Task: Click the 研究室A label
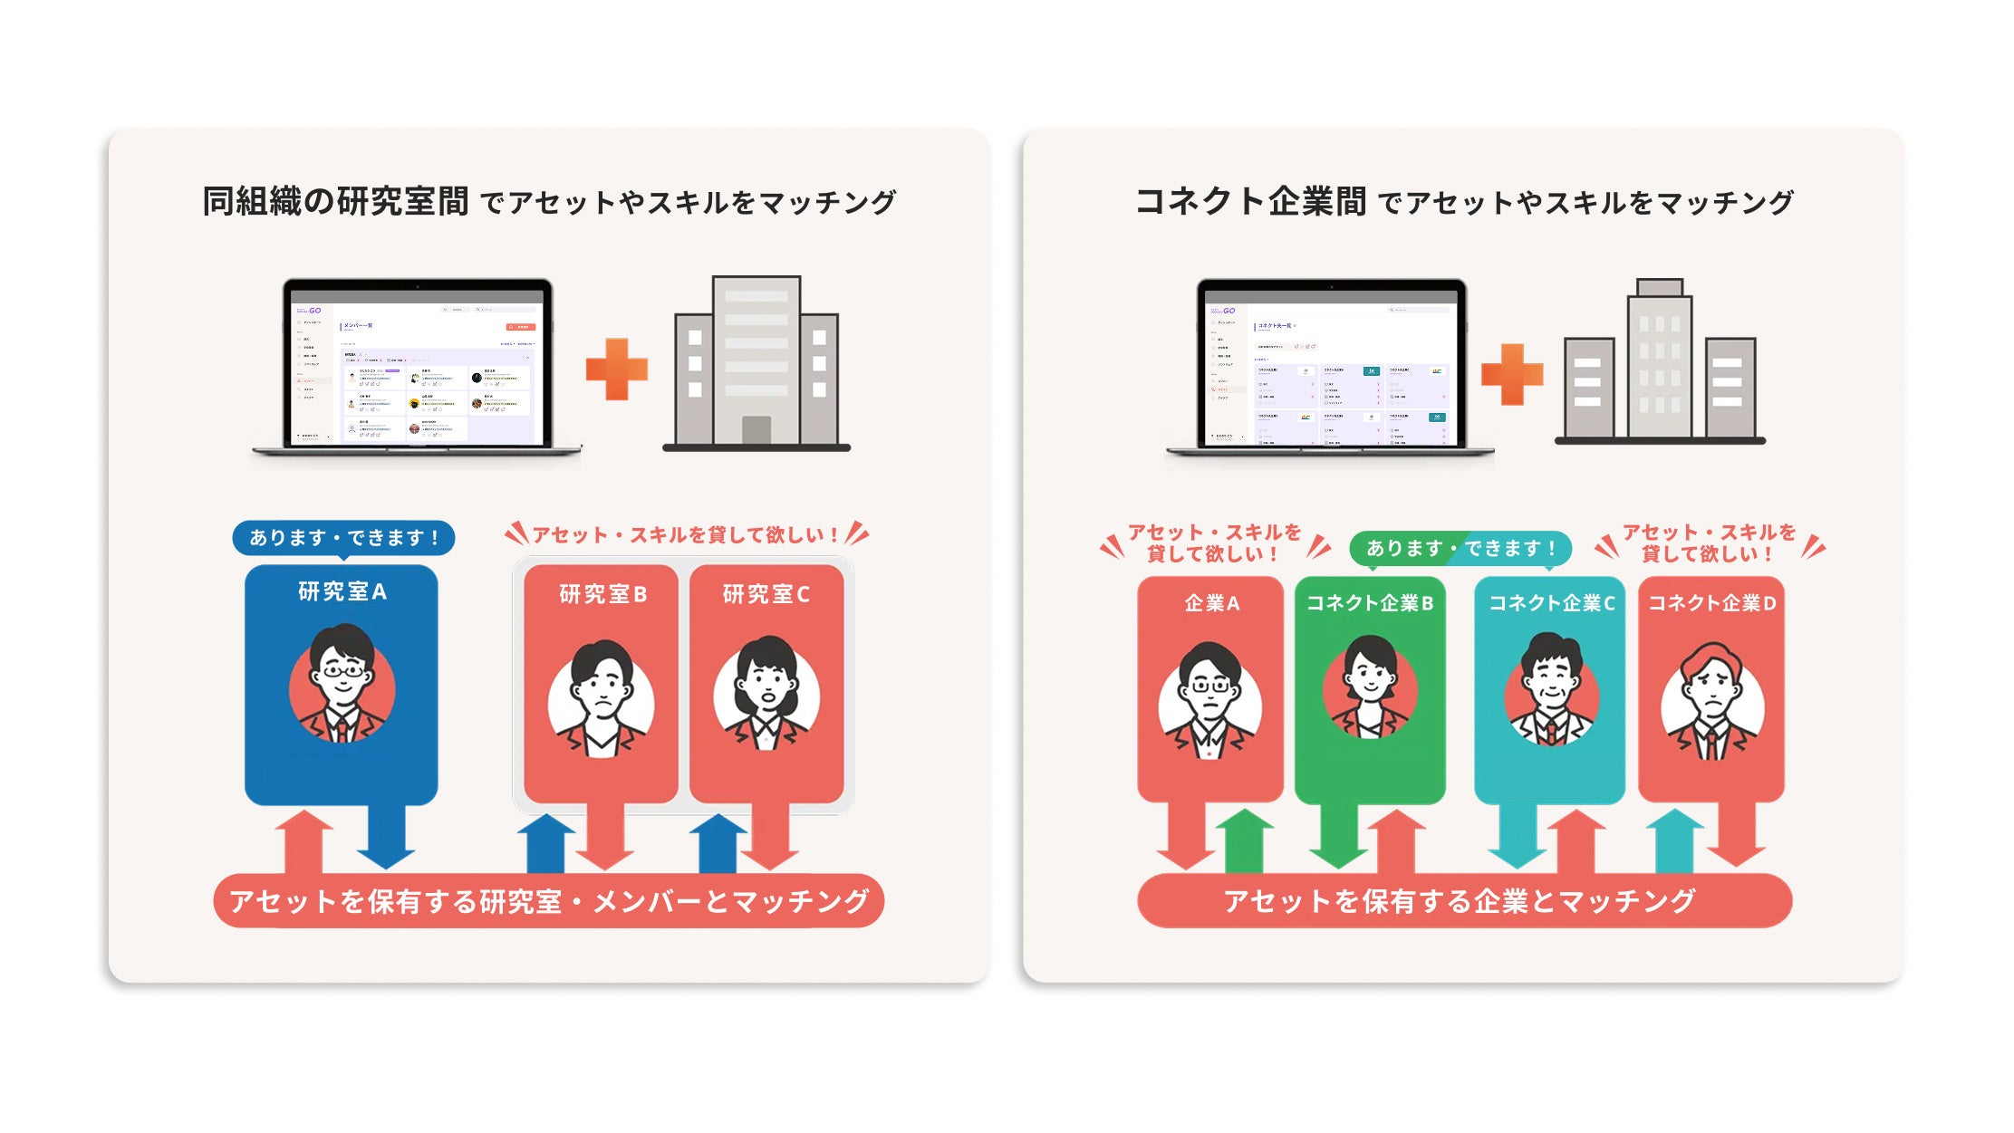tap(342, 591)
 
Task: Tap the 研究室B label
tap(602, 594)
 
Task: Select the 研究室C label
tap(766, 594)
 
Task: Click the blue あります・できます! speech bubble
tap(343, 537)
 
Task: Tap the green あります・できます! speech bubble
tap(1460, 548)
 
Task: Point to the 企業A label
tap(1211, 603)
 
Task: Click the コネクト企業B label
tap(1370, 603)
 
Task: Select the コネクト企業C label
tap(1552, 603)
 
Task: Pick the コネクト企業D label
tap(1711, 603)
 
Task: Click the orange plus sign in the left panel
tap(617, 369)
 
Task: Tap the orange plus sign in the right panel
tap(1511, 373)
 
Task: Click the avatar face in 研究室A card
tap(342, 675)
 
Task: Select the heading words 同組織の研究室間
tap(335, 201)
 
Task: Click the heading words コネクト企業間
tap(1250, 201)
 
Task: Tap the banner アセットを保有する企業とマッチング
tap(1460, 900)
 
